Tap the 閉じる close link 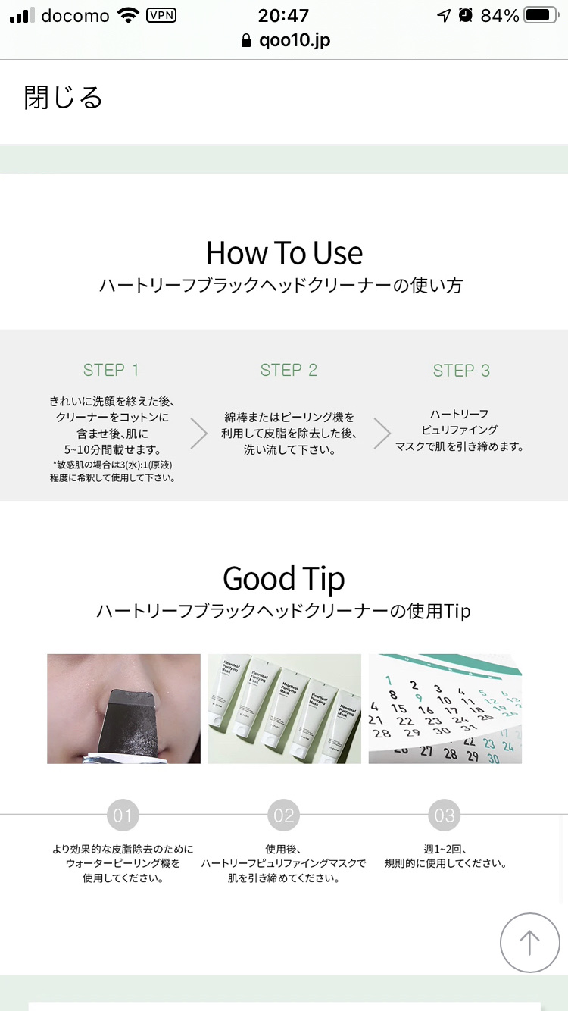pyautogui.click(x=63, y=97)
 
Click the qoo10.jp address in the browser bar pyautogui.click(x=295, y=41)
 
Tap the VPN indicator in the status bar pyautogui.click(x=161, y=16)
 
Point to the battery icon pyautogui.click(x=541, y=16)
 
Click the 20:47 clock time pyautogui.click(x=283, y=16)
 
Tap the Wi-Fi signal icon pyautogui.click(x=128, y=16)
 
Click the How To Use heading pyautogui.click(x=284, y=253)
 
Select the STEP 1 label pyautogui.click(x=111, y=370)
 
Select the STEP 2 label pyautogui.click(x=289, y=370)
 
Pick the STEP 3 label pyautogui.click(x=461, y=371)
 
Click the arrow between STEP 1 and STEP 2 pyautogui.click(x=199, y=434)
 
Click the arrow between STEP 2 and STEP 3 pyautogui.click(x=382, y=434)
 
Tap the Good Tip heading pyautogui.click(x=284, y=578)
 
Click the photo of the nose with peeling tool pyautogui.click(x=123, y=709)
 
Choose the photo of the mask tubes pyautogui.click(x=284, y=709)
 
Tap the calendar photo pyautogui.click(x=445, y=709)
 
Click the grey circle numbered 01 pyautogui.click(x=123, y=815)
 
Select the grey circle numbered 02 pyautogui.click(x=284, y=815)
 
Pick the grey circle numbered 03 pyautogui.click(x=445, y=815)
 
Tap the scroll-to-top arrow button pyautogui.click(x=529, y=942)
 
